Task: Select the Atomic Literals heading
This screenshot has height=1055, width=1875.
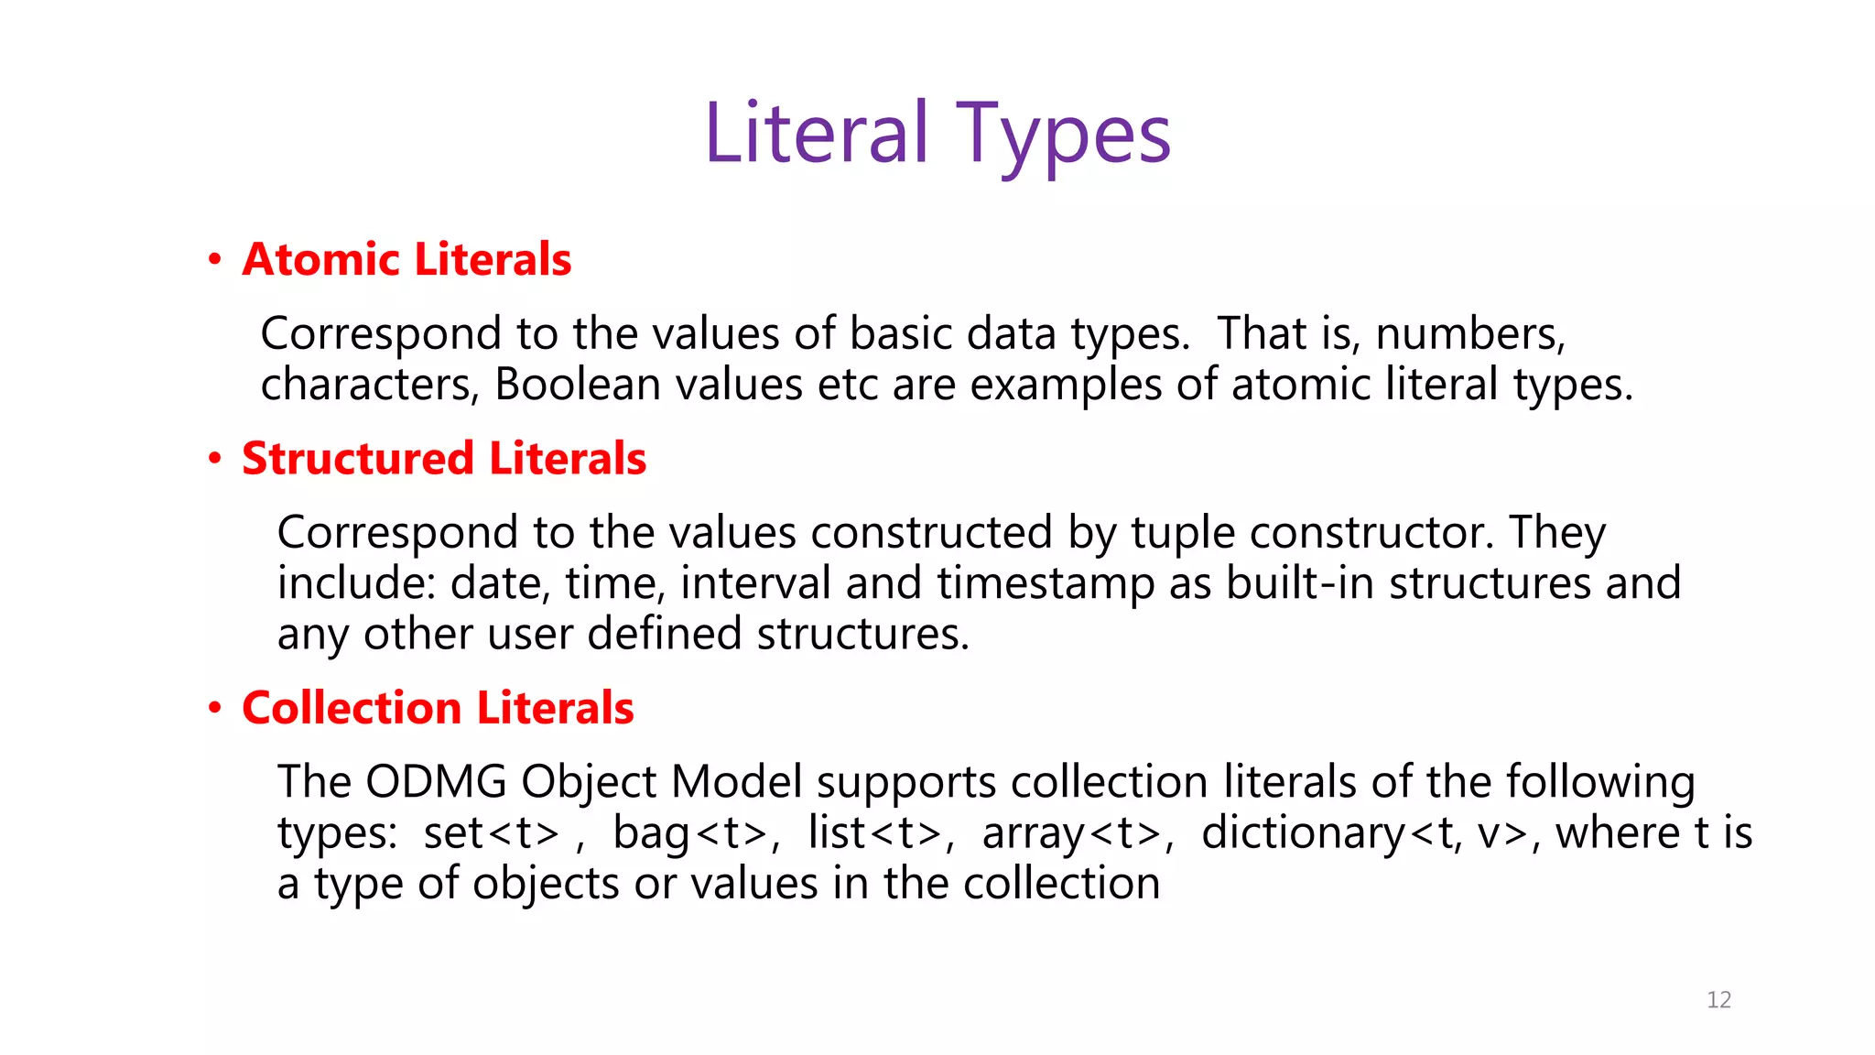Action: (x=406, y=259)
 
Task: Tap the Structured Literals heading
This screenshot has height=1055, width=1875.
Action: (x=444, y=458)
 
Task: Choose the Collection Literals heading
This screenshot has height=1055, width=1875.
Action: (x=438, y=708)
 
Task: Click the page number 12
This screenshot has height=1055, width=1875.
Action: (x=1718, y=999)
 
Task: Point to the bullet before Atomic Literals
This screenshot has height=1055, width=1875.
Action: (x=215, y=260)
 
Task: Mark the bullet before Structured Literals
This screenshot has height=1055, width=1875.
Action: (x=215, y=458)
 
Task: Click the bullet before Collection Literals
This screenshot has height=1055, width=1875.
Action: (x=215, y=708)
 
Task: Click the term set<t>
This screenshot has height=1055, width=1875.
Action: (x=491, y=833)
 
